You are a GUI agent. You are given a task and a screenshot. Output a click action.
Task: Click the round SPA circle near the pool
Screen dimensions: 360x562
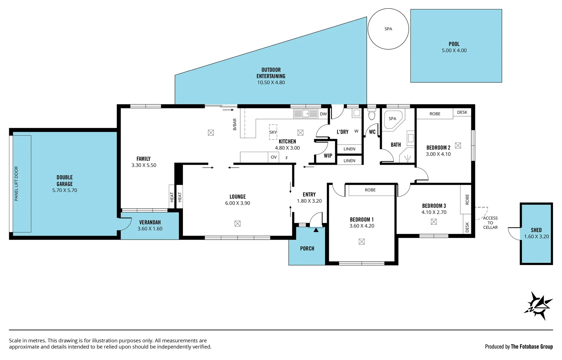(x=388, y=29)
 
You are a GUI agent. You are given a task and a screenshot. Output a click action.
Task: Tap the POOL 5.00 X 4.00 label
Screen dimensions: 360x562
(x=454, y=47)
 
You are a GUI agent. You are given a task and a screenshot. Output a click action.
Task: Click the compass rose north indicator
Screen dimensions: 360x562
(x=538, y=305)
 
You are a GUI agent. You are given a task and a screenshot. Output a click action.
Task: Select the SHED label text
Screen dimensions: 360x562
(x=536, y=230)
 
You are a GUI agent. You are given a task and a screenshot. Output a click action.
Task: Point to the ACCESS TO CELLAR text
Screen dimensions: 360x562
(x=490, y=223)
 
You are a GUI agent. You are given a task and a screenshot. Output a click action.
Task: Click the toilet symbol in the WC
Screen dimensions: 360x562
(x=371, y=115)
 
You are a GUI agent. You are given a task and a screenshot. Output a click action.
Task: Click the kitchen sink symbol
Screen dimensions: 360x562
(x=306, y=114)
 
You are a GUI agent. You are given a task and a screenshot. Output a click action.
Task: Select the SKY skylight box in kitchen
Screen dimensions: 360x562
(x=273, y=132)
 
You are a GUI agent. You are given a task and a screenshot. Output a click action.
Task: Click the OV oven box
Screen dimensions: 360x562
(x=274, y=157)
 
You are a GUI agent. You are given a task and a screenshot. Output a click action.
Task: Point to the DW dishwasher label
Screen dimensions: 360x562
(x=323, y=114)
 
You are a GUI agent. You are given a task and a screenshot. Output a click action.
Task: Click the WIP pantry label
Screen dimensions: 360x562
(x=328, y=156)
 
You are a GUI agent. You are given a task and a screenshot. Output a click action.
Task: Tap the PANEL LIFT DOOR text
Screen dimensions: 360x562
(x=16, y=184)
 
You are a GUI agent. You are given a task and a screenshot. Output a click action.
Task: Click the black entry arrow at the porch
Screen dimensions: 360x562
(x=316, y=230)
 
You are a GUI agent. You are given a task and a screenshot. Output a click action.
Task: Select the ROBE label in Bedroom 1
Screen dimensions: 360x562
(x=370, y=190)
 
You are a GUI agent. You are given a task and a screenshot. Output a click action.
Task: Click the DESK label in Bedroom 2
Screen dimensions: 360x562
(x=462, y=112)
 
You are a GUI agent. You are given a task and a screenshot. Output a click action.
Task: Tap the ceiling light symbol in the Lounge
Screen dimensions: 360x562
(x=238, y=224)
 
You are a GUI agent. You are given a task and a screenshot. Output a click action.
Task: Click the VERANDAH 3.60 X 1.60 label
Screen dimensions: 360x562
(x=150, y=225)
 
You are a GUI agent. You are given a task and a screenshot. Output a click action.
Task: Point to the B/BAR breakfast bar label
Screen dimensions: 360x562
(x=235, y=124)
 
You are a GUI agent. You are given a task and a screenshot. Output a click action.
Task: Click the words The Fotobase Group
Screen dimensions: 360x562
(x=532, y=347)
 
